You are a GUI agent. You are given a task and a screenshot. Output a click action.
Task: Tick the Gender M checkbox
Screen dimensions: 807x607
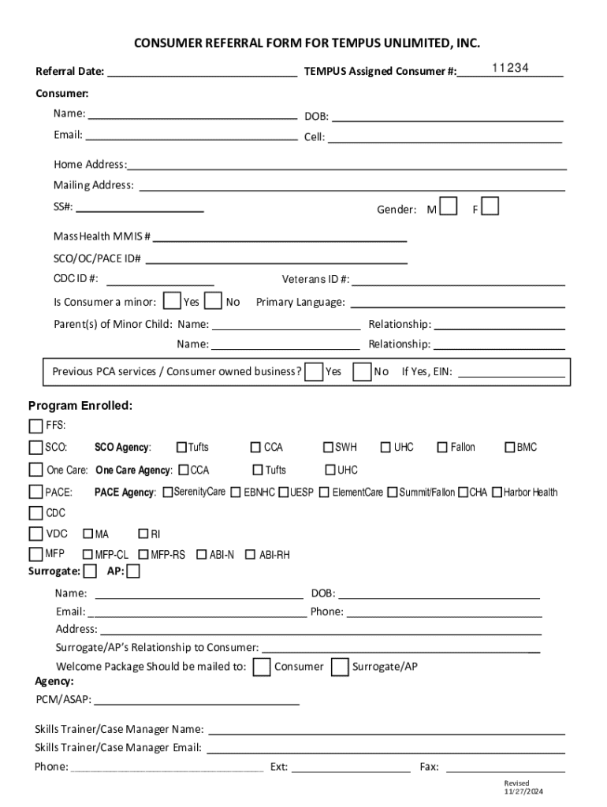click(x=449, y=206)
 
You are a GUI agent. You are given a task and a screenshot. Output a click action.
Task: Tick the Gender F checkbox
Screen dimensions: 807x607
click(x=490, y=206)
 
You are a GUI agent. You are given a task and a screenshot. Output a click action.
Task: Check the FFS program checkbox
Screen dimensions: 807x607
click(x=35, y=426)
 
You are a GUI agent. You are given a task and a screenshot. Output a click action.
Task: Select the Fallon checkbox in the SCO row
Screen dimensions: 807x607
click(x=442, y=448)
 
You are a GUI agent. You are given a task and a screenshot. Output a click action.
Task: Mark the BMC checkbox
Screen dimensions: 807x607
click(x=510, y=448)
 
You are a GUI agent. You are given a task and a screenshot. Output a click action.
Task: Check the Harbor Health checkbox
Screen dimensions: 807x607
click(x=497, y=493)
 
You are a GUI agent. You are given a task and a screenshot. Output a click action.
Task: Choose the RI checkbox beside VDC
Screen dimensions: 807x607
click(x=143, y=534)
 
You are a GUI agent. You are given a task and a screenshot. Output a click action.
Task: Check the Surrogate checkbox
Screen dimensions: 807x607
click(x=91, y=571)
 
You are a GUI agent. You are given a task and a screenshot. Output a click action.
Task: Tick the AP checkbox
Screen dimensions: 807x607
click(x=133, y=571)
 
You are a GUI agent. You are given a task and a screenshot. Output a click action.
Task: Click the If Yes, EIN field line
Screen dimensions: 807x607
click(x=510, y=374)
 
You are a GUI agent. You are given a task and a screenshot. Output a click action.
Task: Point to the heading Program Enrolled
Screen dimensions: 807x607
click(x=80, y=406)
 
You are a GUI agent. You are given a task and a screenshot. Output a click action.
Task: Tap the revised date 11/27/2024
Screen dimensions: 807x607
click(x=524, y=791)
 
